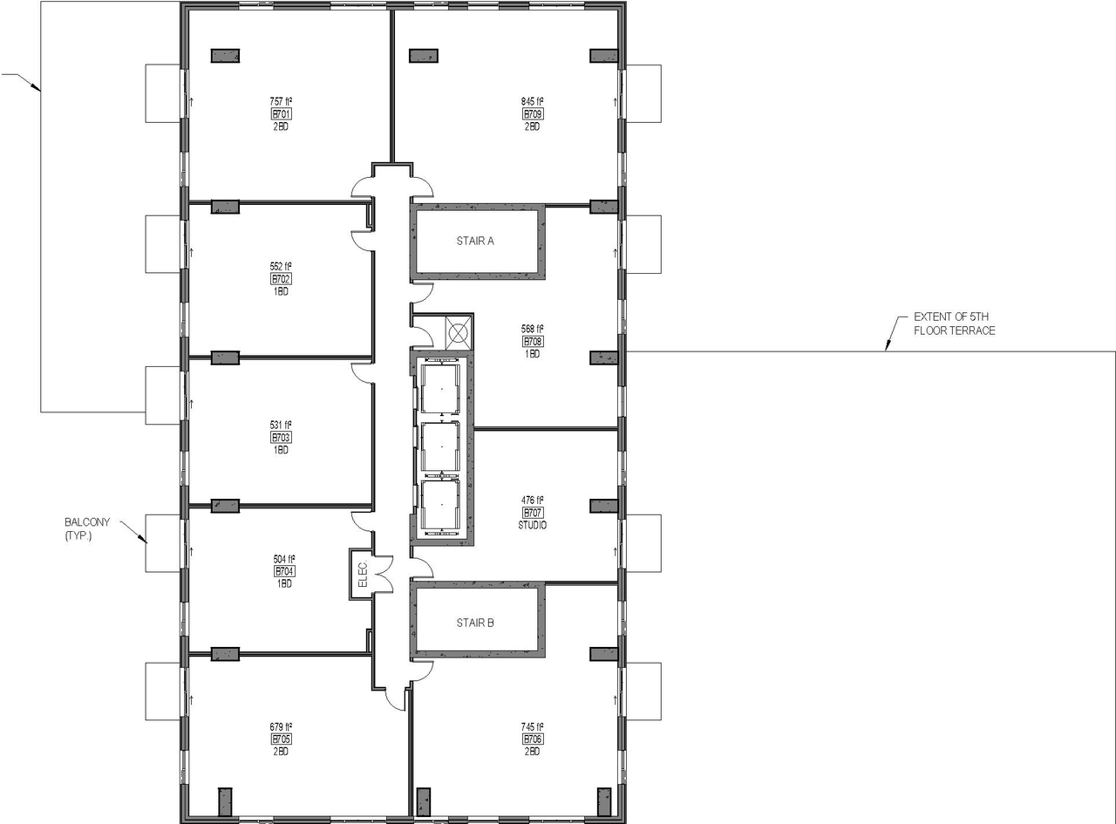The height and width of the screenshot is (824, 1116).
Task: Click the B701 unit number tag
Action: (282, 114)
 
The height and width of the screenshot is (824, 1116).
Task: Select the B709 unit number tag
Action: (533, 114)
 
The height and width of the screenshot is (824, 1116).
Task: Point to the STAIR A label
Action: (475, 242)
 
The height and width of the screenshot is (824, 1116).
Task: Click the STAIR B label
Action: (475, 623)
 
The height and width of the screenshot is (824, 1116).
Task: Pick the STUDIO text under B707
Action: (533, 525)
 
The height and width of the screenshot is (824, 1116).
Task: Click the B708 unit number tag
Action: (533, 342)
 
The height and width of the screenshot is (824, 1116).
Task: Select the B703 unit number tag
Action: (282, 438)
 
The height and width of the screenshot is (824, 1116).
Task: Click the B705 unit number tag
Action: (282, 739)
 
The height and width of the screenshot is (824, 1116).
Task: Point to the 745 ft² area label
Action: (533, 726)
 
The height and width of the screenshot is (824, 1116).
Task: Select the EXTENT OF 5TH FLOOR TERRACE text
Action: (954, 323)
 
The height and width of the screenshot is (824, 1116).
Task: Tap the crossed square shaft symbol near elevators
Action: (458, 332)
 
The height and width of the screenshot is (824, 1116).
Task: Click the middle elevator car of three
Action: (440, 446)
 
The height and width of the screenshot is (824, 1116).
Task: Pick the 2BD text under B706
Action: (533, 751)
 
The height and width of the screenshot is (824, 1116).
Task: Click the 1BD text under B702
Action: (282, 291)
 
